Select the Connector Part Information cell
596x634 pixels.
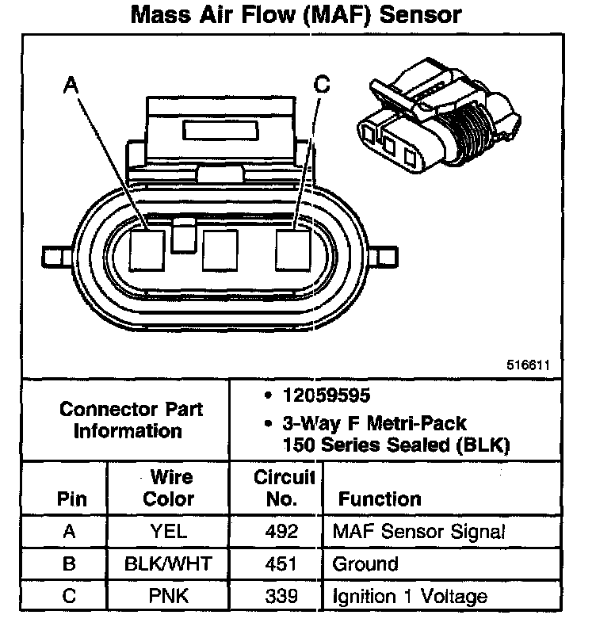(x=132, y=420)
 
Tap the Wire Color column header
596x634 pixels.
(x=170, y=488)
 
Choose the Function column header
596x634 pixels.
(x=380, y=499)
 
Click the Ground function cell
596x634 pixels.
(x=365, y=563)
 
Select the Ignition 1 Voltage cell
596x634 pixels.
(x=409, y=595)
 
